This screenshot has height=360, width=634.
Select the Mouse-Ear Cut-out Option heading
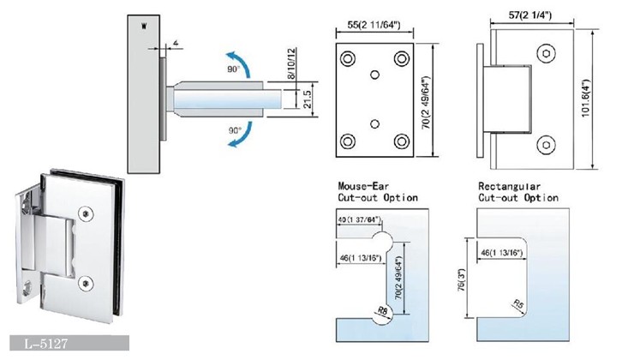click(x=378, y=191)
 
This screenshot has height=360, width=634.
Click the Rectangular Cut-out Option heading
click(x=517, y=191)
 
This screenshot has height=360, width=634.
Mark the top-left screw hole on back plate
click(x=348, y=59)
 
